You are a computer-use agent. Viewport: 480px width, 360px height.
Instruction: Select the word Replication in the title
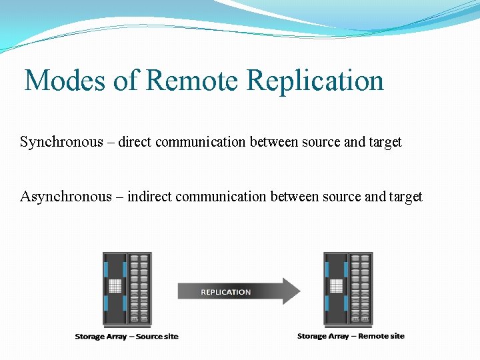[315, 81]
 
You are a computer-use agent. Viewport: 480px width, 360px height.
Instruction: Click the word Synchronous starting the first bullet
[61, 142]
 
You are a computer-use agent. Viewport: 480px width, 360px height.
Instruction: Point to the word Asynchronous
[66, 197]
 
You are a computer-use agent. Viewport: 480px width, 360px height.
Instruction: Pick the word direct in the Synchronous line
[136, 142]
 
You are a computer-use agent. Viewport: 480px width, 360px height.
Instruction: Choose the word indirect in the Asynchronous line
[149, 197]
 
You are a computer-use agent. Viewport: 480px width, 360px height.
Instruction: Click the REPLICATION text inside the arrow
[226, 292]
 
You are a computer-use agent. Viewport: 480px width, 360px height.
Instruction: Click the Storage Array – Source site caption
[127, 337]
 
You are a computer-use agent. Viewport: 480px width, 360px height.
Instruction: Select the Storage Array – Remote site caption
[351, 337]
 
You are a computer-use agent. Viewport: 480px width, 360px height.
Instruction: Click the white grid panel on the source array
[115, 286]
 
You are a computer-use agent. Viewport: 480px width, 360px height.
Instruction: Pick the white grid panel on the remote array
[337, 286]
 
